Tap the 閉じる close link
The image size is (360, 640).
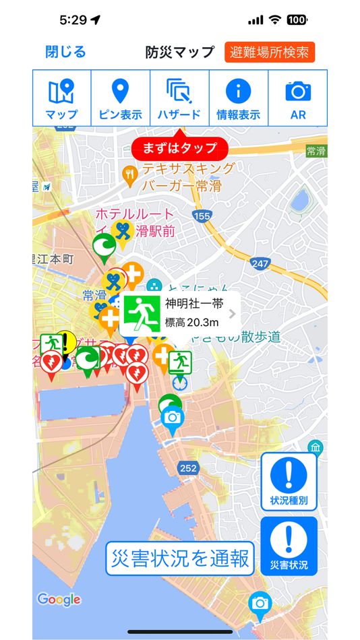pyautogui.click(x=65, y=52)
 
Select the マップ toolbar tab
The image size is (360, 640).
pyautogui.click(x=61, y=98)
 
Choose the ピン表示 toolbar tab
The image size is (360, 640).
pyautogui.click(x=120, y=98)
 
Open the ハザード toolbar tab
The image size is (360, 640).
pyautogui.click(x=179, y=98)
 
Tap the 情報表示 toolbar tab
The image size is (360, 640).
pyautogui.click(x=238, y=98)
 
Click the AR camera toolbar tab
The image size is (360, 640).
pyautogui.click(x=298, y=98)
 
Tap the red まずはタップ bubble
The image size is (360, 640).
pyautogui.click(x=180, y=148)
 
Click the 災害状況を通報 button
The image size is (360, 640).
pyautogui.click(x=179, y=558)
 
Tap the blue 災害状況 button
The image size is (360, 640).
pyautogui.click(x=289, y=546)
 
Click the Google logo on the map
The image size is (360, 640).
pyautogui.click(x=59, y=599)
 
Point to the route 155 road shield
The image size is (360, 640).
pyautogui.click(x=201, y=216)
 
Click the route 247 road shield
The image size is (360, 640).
pyautogui.click(x=260, y=263)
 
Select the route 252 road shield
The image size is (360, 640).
pyautogui.click(x=188, y=468)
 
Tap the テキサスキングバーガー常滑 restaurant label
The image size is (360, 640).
pyautogui.click(x=187, y=177)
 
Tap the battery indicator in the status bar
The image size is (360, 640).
pyautogui.click(x=297, y=20)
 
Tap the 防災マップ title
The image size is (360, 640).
pyautogui.click(x=179, y=52)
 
